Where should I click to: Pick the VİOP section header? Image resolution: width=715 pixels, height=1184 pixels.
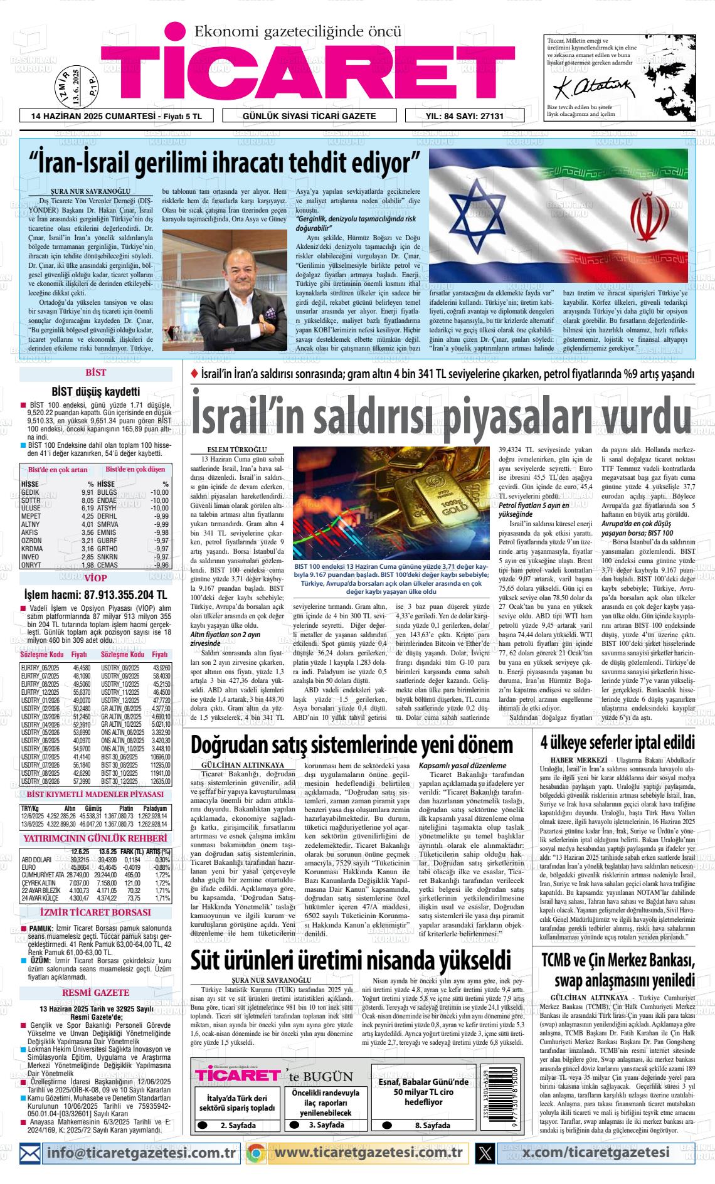pyautogui.click(x=95, y=578)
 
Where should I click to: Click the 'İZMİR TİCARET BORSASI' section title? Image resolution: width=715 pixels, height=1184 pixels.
pyautogui.click(x=95, y=912)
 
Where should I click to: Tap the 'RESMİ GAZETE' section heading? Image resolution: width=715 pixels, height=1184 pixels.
pyautogui.click(x=95, y=993)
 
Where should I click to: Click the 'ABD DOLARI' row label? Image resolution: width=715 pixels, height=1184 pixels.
pyautogui.click(x=36, y=860)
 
